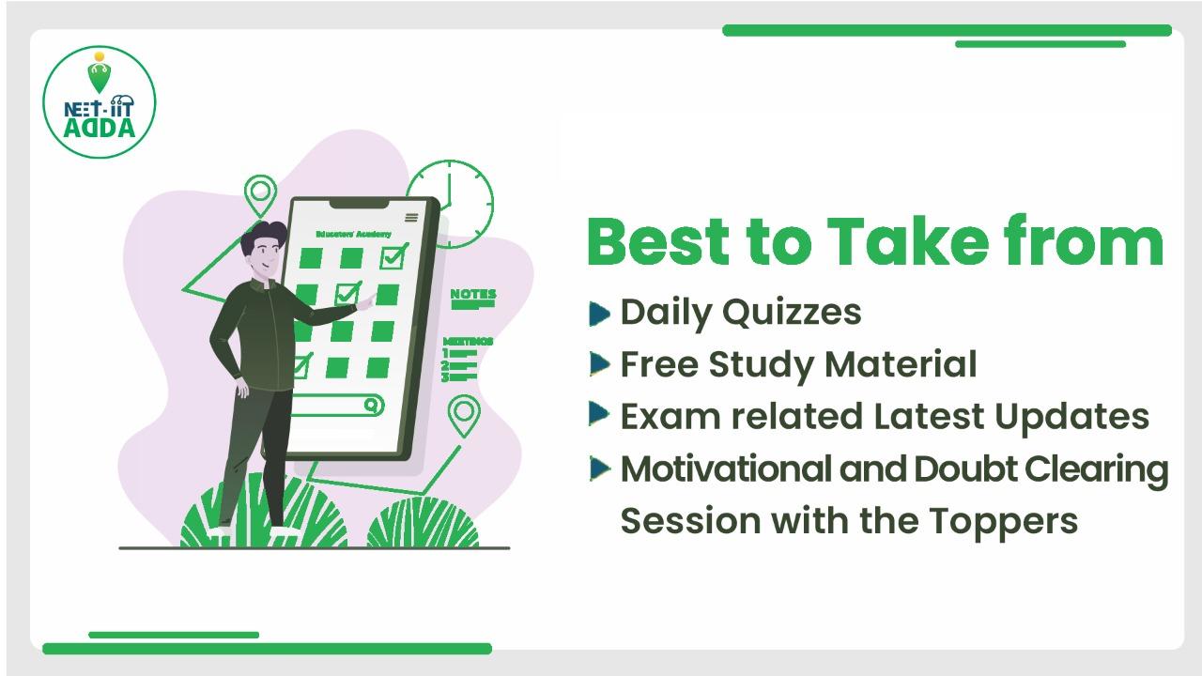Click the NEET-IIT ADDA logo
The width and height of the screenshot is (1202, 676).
[100, 102]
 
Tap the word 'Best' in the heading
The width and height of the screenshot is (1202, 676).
[658, 241]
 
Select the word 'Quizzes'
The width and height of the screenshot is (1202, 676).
[792, 312]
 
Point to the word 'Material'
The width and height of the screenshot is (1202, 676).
[901, 364]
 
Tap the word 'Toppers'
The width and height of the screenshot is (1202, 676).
[1004, 521]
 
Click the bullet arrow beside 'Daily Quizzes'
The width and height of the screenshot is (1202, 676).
[599, 314]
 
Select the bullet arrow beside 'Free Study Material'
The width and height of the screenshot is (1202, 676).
[599, 363]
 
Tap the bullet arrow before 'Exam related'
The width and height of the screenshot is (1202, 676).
[599, 414]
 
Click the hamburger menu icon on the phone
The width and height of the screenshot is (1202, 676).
[411, 217]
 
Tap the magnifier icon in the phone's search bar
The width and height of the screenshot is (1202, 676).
[371, 405]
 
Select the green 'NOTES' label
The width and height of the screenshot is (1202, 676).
[473, 294]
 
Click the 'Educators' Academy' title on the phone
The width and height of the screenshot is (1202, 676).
[354, 234]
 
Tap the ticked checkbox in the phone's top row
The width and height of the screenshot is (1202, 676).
[394, 256]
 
